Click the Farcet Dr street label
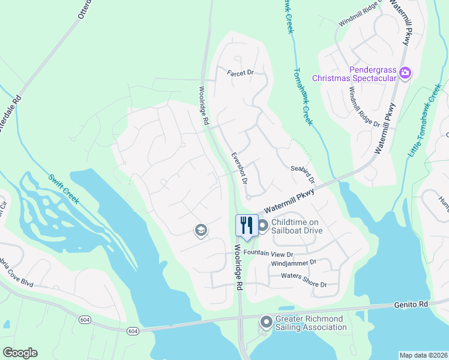point(241,73)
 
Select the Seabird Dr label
point(303,175)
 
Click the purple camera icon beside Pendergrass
point(405,74)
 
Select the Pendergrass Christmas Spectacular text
point(354,74)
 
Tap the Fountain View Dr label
point(268,254)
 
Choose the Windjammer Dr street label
point(294,263)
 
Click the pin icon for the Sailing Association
point(266,323)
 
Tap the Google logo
point(20,353)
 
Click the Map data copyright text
point(423,355)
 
